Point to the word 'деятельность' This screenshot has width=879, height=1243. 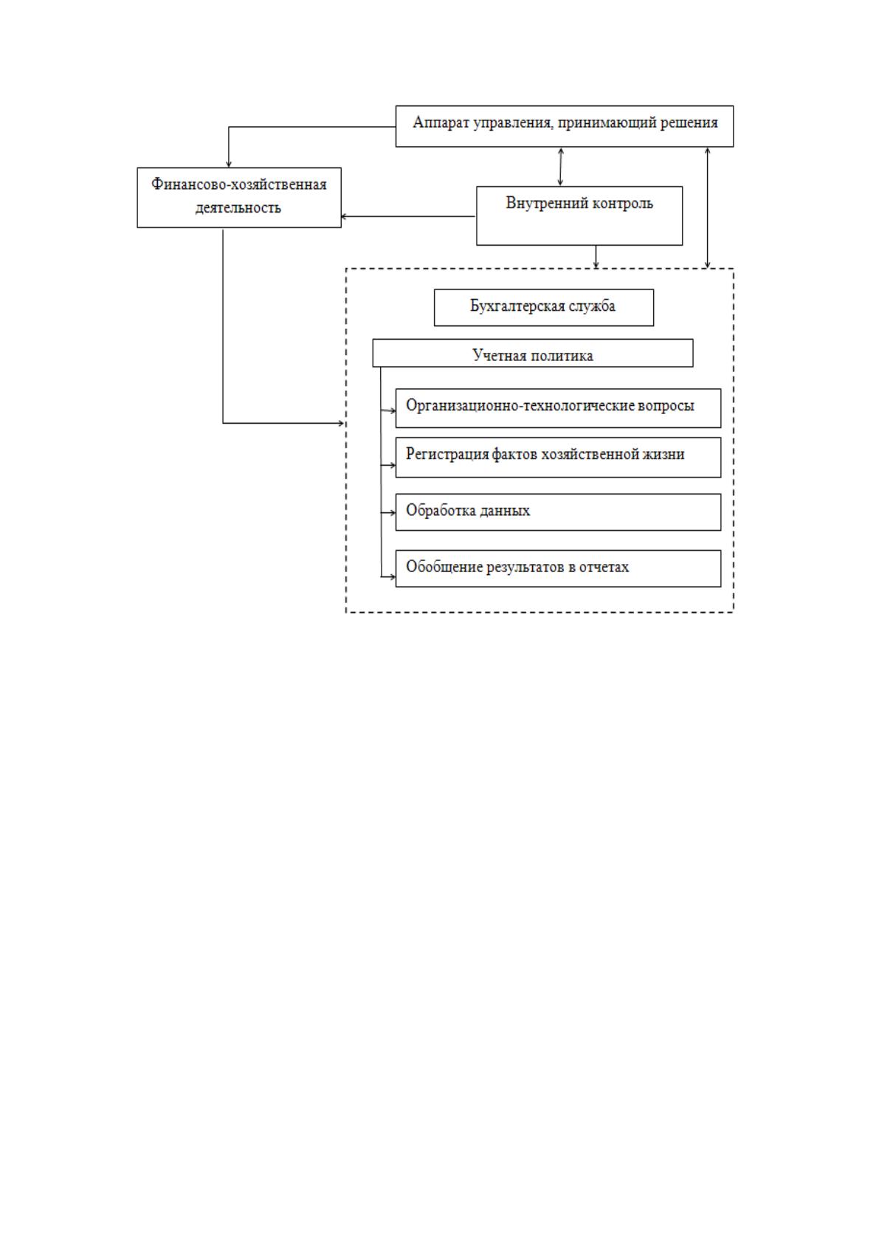pyautogui.click(x=238, y=207)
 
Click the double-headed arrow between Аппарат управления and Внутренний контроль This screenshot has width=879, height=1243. pyautogui.click(x=560, y=167)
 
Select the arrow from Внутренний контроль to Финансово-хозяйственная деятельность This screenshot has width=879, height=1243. pyautogui.click(x=408, y=216)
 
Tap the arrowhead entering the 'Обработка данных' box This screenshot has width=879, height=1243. pyautogui.click(x=392, y=513)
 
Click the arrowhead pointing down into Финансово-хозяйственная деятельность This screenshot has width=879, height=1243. pyautogui.click(x=229, y=164)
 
